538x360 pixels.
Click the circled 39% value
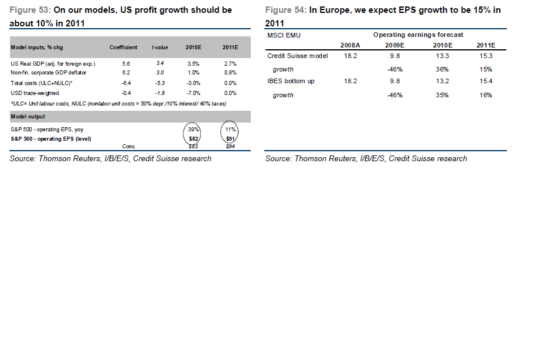pyautogui.click(x=193, y=128)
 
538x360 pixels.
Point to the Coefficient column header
pyautogui.click(x=123, y=47)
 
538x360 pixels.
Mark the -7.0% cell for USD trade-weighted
pyautogui.click(x=193, y=93)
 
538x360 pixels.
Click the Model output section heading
pyautogui.click(x=28, y=117)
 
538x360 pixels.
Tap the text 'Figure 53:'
pyautogui.click(x=30, y=10)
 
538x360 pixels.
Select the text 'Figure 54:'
pyautogui.click(x=285, y=10)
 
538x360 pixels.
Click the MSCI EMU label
pyautogui.click(x=284, y=35)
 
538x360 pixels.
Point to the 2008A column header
pyautogui.click(x=350, y=45)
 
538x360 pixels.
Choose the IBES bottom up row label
pyautogui.click(x=291, y=81)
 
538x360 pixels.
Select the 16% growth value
pyautogui.click(x=486, y=94)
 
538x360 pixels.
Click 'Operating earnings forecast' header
pyautogui.click(x=418, y=35)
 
